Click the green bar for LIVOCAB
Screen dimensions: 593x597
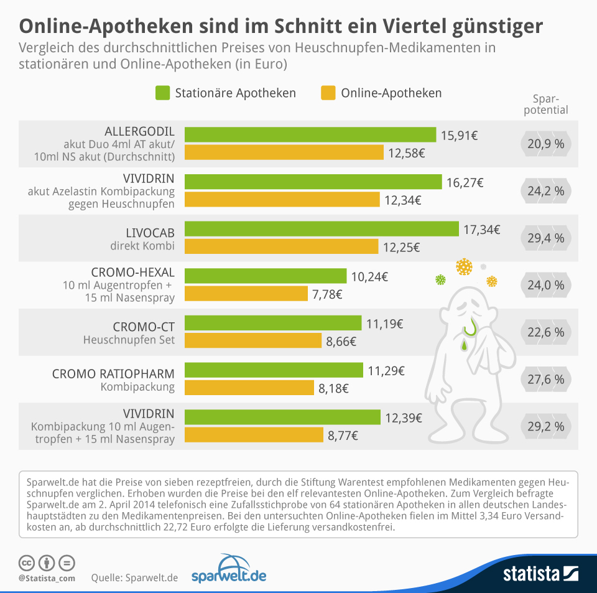[322, 229]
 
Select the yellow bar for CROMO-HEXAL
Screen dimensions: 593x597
[246, 294]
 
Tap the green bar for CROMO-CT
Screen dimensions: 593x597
[273, 323]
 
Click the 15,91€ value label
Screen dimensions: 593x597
[460, 135]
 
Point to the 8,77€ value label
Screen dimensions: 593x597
[343, 436]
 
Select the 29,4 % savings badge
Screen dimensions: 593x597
[545, 238]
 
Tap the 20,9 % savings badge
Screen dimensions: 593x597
[545, 143]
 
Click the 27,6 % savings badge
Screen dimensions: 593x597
[545, 379]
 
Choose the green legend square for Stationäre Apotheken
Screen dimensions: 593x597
[162, 93]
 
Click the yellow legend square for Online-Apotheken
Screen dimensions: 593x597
[328, 93]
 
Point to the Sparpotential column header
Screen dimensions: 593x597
[550, 105]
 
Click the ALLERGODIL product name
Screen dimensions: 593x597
[139, 131]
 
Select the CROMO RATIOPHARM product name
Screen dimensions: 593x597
[113, 373]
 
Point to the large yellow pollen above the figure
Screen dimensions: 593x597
[464, 267]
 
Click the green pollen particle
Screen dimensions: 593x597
[440, 280]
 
